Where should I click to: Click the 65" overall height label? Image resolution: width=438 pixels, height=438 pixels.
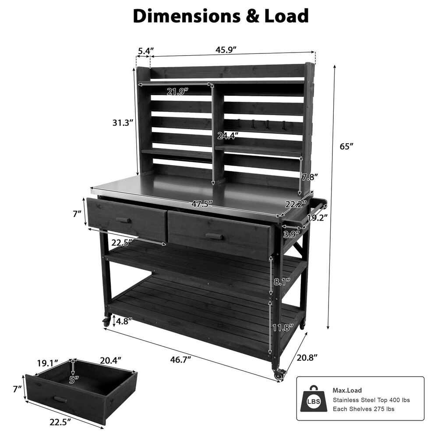346,146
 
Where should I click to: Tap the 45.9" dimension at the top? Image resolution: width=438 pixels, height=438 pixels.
226,50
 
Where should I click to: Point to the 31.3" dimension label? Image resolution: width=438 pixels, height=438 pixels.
123,123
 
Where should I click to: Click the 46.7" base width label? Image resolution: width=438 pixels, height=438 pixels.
180,359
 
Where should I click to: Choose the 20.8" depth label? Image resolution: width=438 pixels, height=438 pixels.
307,357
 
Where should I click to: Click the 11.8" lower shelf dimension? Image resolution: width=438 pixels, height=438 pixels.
283,327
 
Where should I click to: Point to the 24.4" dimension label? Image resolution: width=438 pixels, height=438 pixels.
228,136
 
